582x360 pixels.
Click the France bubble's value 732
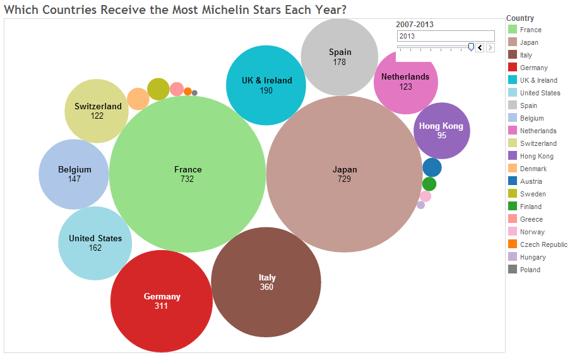point(187,179)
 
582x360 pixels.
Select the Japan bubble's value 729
point(345,179)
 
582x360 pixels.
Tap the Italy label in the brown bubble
point(267,277)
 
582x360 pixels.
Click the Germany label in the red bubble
point(162,296)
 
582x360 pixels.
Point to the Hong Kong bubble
point(442,130)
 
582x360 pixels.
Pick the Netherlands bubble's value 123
point(405,87)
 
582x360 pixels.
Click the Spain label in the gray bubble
point(340,52)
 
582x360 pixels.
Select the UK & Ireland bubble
point(266,85)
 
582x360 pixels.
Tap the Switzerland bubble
point(97,111)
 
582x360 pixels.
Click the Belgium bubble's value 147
point(74,179)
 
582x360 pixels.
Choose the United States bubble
point(95,243)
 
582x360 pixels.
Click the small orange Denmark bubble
point(138,99)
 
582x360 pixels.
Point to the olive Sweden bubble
point(158,89)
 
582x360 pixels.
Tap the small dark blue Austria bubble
point(432,167)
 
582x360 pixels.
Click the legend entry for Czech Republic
point(543,244)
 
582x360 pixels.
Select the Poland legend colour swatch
point(513,270)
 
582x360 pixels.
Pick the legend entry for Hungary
point(533,257)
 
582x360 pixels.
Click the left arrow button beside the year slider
point(480,47)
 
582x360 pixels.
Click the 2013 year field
point(445,36)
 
